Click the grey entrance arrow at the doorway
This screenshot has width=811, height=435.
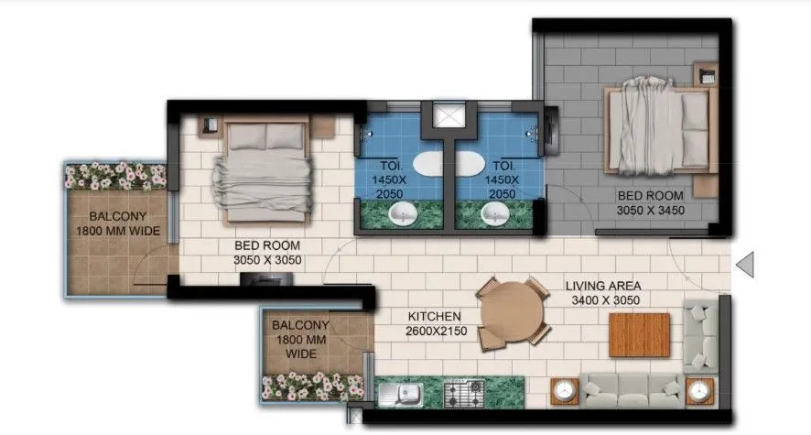(745, 266)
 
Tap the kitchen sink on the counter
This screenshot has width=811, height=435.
(401, 395)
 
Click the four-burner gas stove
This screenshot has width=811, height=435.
(464, 395)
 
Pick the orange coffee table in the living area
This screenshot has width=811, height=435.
(640, 335)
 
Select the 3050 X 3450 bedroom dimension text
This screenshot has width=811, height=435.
(651, 211)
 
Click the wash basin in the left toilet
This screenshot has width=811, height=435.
(403, 214)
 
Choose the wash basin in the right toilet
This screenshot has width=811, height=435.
(494, 214)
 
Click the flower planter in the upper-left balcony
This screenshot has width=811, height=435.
(114, 175)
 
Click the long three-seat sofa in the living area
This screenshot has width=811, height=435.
(632, 390)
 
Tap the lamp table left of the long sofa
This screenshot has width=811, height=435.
(564, 392)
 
